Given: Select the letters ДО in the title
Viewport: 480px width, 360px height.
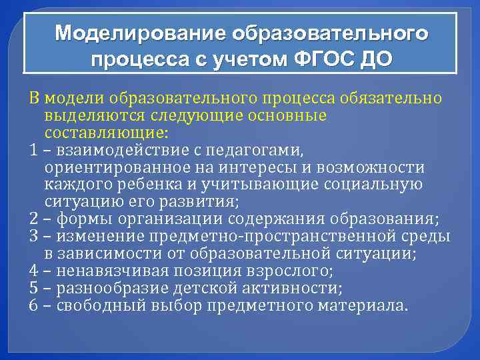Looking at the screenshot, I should point(372,61).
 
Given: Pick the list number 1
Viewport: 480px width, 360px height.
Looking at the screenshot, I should point(33,151).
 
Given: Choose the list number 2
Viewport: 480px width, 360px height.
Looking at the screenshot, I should point(33,220).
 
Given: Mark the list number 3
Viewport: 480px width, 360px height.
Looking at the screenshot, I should point(33,237).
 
